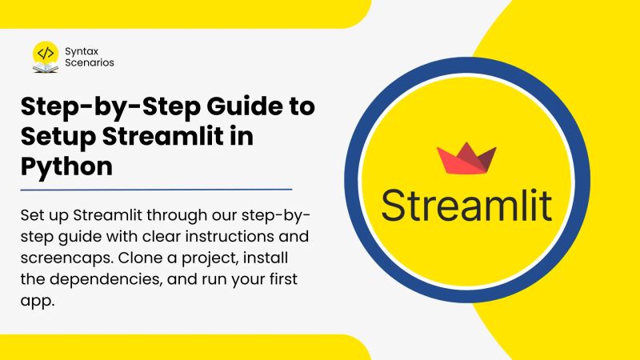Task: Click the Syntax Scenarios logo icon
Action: (x=46, y=55)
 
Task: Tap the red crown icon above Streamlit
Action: (x=466, y=158)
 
